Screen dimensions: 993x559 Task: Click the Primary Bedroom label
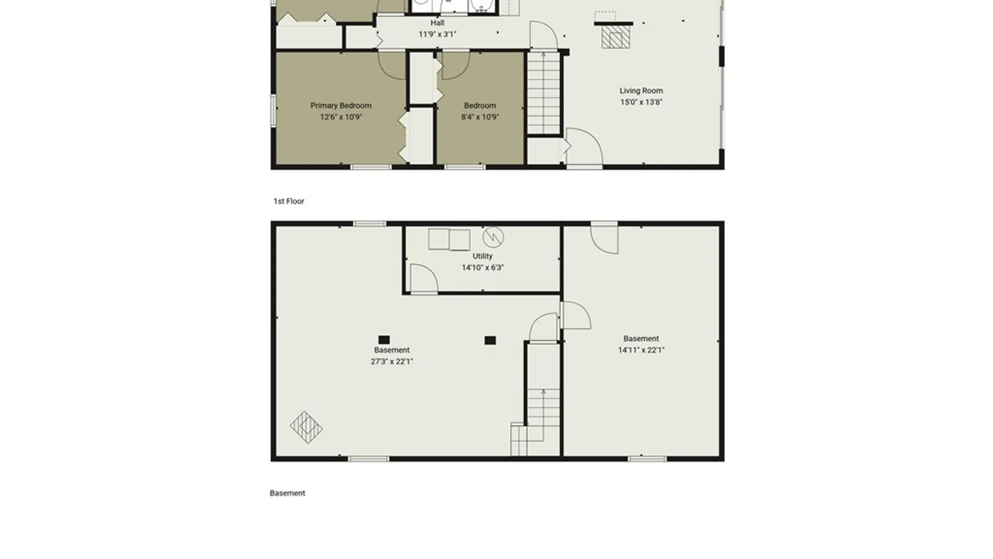(x=341, y=106)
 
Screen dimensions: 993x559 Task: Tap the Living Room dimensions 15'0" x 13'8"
(x=641, y=102)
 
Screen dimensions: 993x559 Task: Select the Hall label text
(x=438, y=23)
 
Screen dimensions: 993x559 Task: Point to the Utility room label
(x=483, y=256)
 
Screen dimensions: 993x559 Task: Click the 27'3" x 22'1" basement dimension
(x=392, y=361)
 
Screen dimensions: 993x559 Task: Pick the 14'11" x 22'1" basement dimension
(x=641, y=350)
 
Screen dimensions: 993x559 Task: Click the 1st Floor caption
(x=289, y=201)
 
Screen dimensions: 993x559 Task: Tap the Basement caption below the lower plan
(x=288, y=493)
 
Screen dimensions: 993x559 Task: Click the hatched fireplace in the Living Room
(x=615, y=37)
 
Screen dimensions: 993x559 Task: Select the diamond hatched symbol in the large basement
(x=306, y=428)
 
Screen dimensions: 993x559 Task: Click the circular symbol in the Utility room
(x=493, y=237)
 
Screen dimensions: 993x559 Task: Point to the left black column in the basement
(x=384, y=340)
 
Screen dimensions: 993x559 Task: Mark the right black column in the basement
(x=490, y=340)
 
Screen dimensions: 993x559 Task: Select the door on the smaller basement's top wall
(x=604, y=238)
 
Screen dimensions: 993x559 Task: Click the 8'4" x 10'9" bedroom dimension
(x=480, y=117)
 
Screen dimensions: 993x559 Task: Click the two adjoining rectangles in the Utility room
(x=449, y=240)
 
